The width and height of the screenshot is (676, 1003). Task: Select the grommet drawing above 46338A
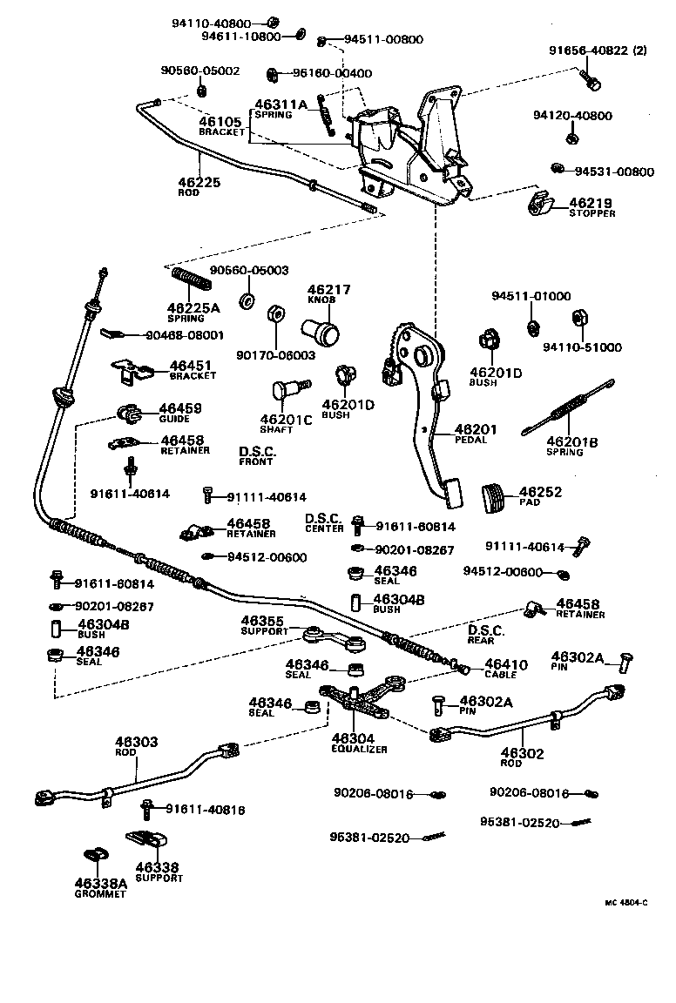point(95,857)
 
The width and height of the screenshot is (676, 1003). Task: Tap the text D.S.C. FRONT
point(257,456)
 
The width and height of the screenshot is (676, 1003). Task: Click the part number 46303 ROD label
point(137,747)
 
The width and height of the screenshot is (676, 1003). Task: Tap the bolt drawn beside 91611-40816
point(150,809)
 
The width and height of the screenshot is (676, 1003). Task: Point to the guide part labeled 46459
point(129,411)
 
